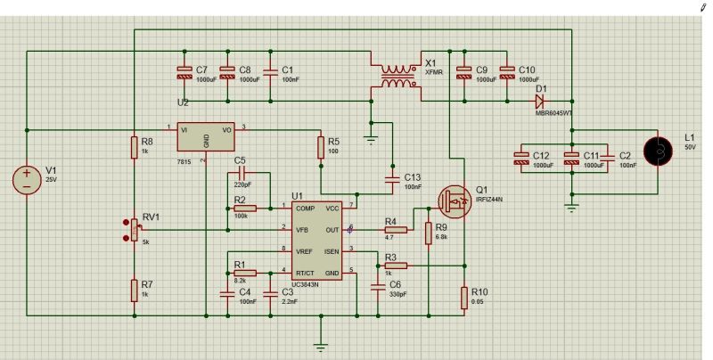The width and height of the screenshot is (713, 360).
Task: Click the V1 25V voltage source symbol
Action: click(27, 179)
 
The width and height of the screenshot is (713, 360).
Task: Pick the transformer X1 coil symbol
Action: click(398, 78)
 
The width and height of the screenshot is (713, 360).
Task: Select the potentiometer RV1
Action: click(134, 229)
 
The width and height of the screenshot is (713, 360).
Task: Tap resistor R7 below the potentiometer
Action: click(134, 289)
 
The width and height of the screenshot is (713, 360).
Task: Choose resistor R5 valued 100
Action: click(321, 148)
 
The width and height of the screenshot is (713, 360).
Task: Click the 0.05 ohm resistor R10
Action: click(463, 296)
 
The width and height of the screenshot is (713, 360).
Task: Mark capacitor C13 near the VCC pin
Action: click(391, 180)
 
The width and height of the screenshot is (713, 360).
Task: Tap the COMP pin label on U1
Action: click(304, 208)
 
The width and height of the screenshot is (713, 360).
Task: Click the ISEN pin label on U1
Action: click(332, 250)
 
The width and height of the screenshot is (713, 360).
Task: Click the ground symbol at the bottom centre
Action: click(322, 346)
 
